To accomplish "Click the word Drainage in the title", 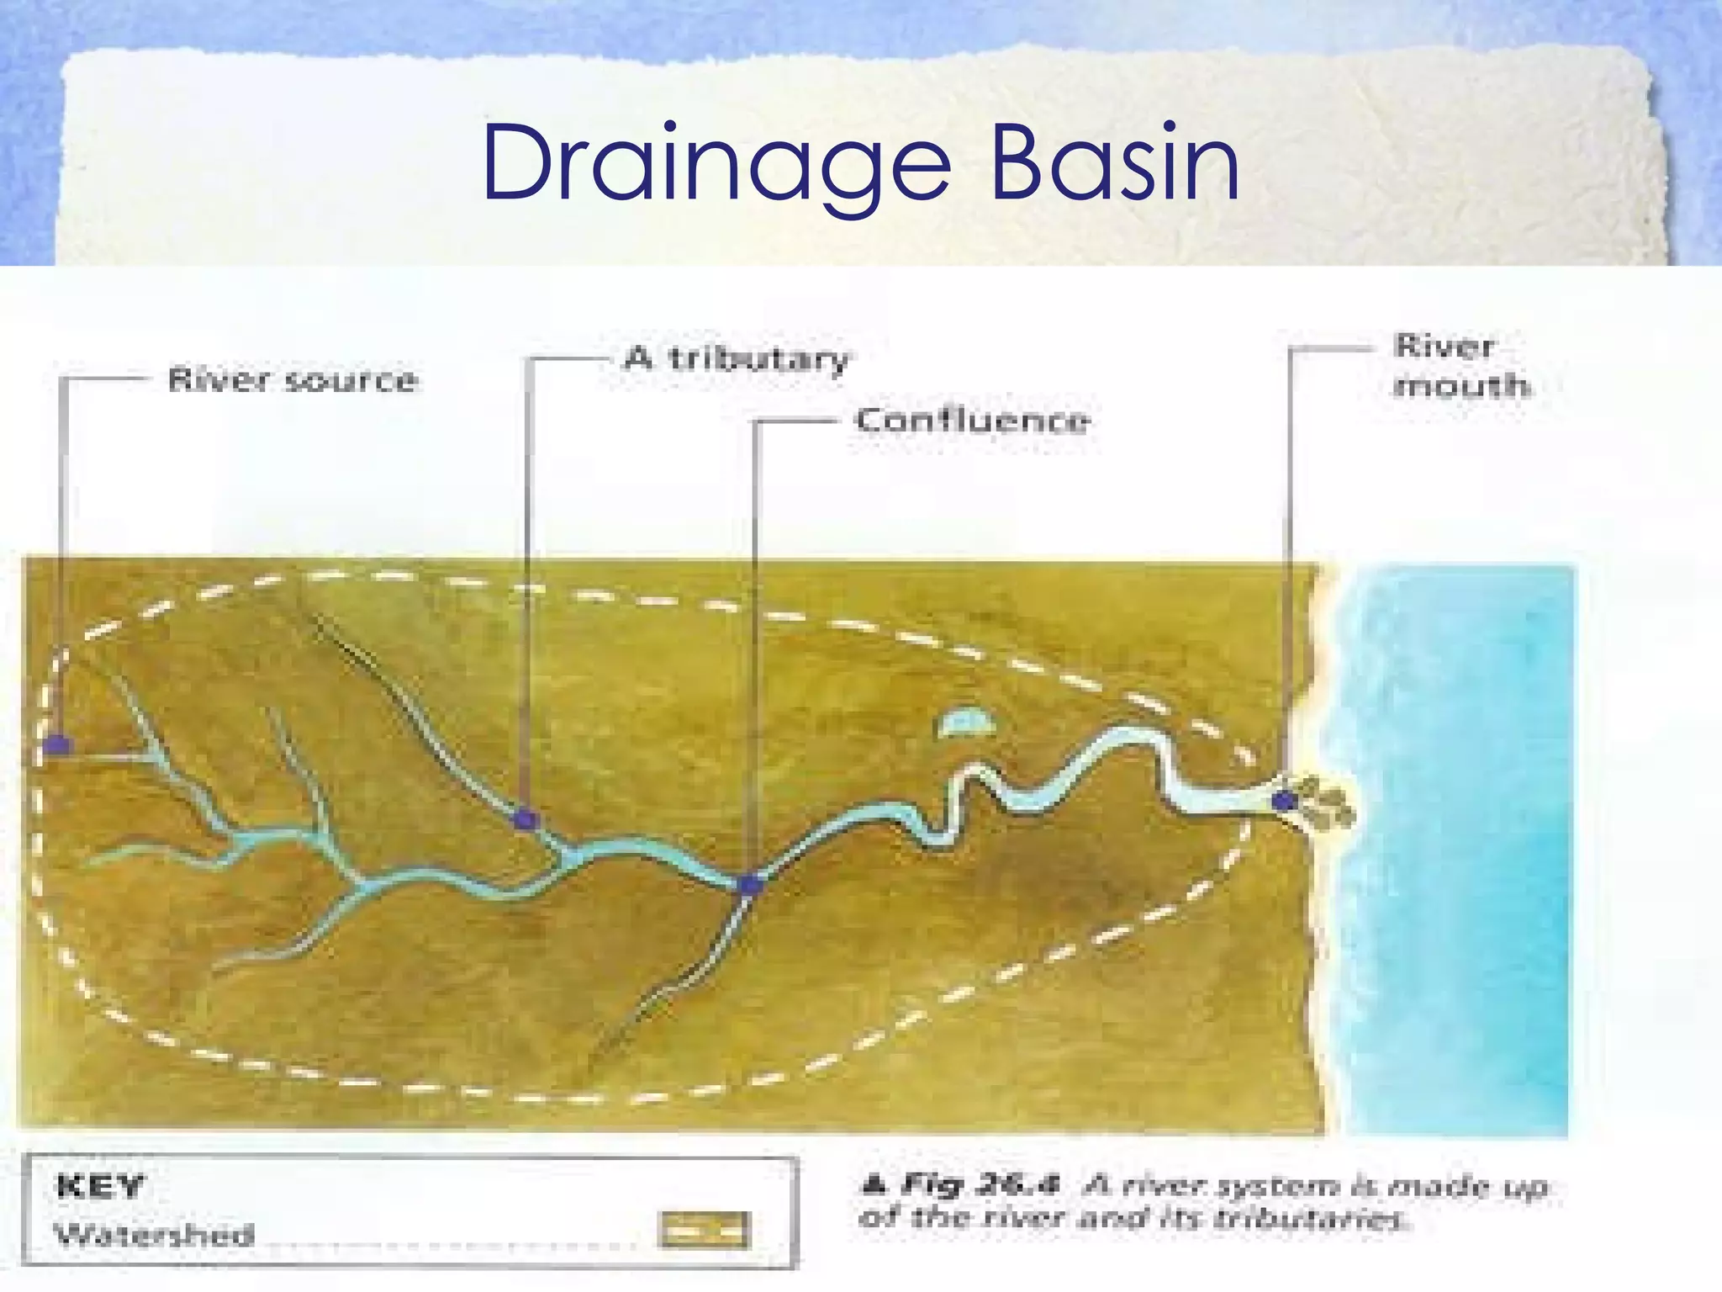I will click(x=716, y=163).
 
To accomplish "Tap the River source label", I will click(x=293, y=380).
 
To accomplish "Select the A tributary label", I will click(x=737, y=359).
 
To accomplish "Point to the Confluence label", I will click(x=973, y=420).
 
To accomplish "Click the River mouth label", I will click(x=1461, y=366).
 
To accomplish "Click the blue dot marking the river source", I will click(x=57, y=744).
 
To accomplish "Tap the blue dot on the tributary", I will click(x=526, y=818).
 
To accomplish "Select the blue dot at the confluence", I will click(x=749, y=885).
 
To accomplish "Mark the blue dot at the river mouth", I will click(x=1283, y=800).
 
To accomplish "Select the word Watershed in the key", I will click(x=155, y=1235).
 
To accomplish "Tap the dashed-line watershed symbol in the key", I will click(x=705, y=1231).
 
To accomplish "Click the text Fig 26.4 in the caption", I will click(x=980, y=1185).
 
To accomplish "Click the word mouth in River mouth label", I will click(x=1461, y=386).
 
